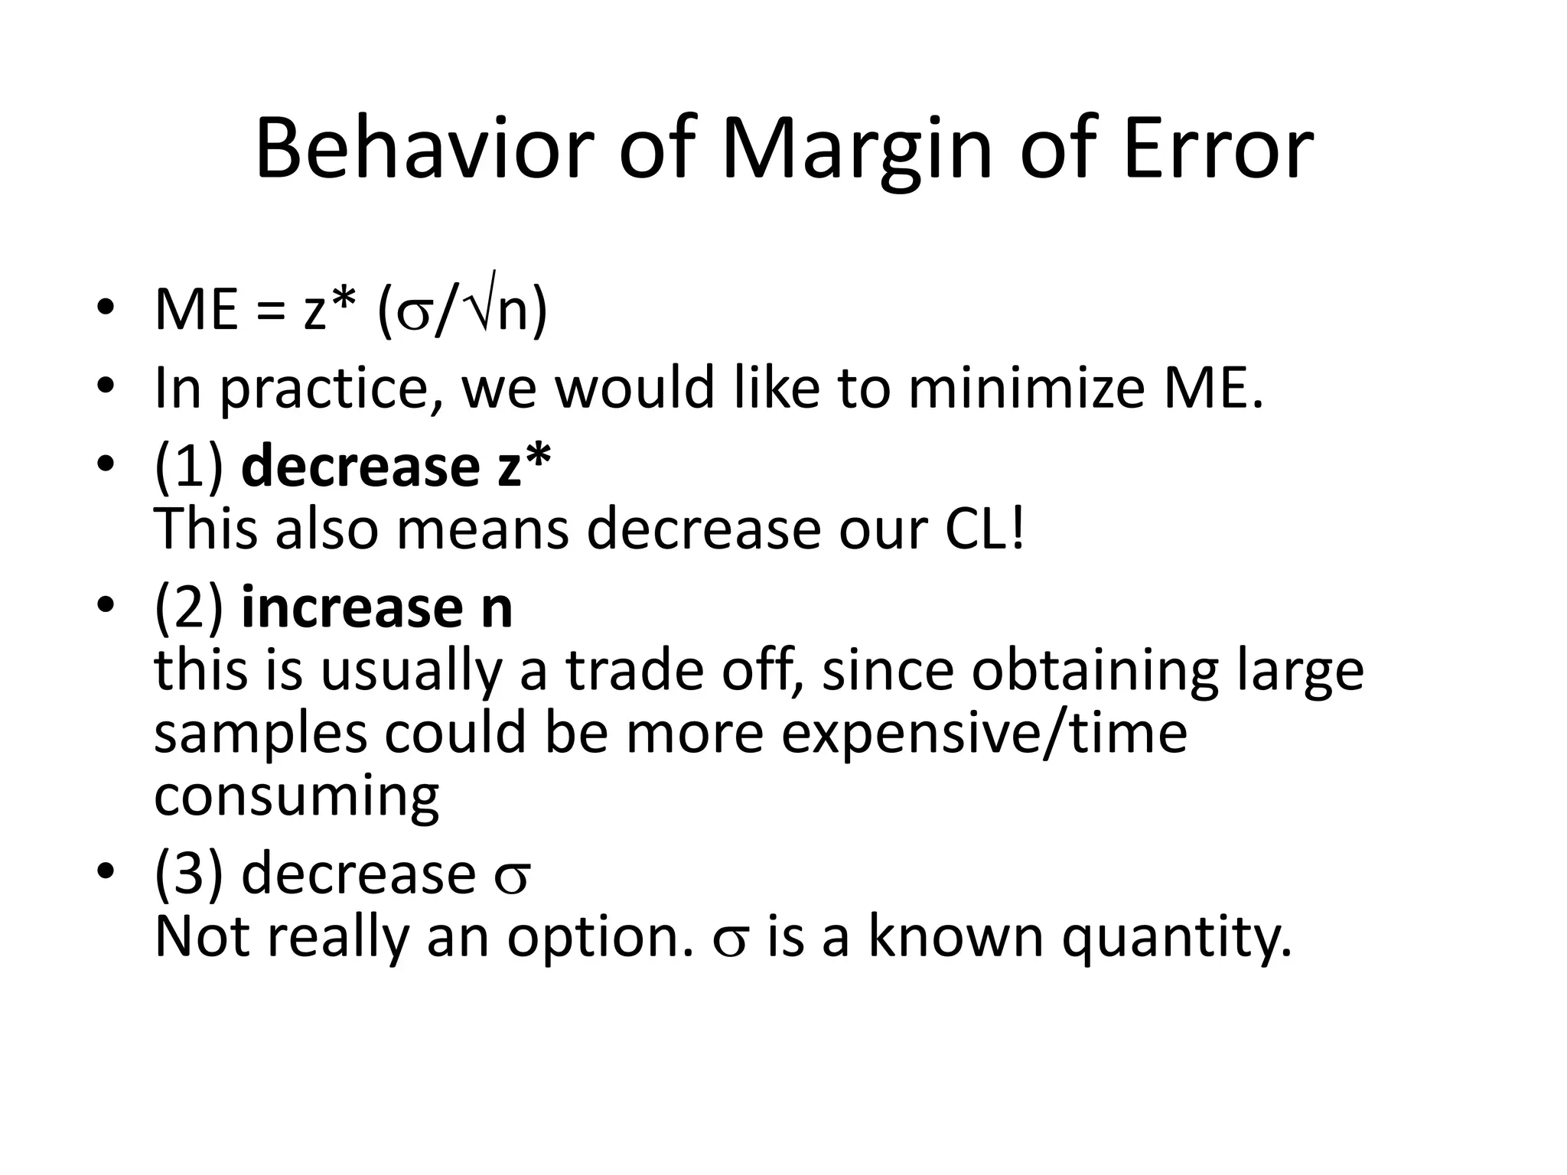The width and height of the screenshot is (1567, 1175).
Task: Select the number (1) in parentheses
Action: [x=188, y=467]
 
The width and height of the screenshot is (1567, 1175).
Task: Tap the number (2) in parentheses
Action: [x=188, y=609]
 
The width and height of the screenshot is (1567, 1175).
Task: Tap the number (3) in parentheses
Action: [x=188, y=874]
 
